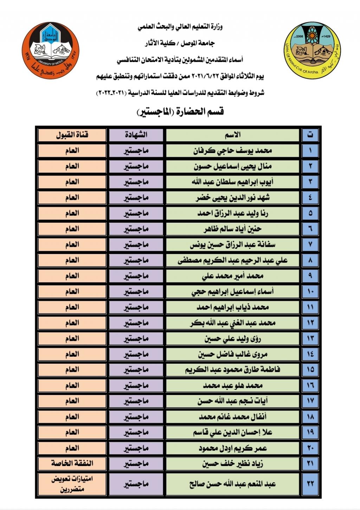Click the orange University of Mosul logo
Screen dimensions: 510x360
coord(51,50)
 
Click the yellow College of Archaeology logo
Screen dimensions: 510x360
coord(313,50)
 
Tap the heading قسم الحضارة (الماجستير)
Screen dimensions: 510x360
coord(180,112)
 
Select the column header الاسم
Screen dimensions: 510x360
coord(233,135)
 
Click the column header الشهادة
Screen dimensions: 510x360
coord(136,135)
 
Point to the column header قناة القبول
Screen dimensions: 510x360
coord(72,135)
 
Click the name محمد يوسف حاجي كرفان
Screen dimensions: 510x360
coord(233,151)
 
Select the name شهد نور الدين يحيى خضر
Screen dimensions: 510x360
coord(233,198)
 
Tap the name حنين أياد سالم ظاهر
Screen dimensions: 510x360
coord(233,229)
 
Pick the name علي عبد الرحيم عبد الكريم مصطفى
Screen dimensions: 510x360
coord(233,260)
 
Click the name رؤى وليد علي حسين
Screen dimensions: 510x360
coord(233,339)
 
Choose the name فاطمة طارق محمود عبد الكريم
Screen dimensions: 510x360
coord(233,370)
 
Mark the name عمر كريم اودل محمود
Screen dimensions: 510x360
coord(233,448)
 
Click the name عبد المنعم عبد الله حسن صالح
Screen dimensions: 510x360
coord(233,484)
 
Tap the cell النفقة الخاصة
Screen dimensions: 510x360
coord(72,464)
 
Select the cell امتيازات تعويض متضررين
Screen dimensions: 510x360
coord(72,484)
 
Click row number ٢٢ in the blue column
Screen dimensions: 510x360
coord(310,484)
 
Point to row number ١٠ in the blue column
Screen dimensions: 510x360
coord(310,292)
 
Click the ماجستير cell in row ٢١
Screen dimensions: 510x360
coord(136,464)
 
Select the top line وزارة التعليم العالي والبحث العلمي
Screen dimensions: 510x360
coord(180,27)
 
